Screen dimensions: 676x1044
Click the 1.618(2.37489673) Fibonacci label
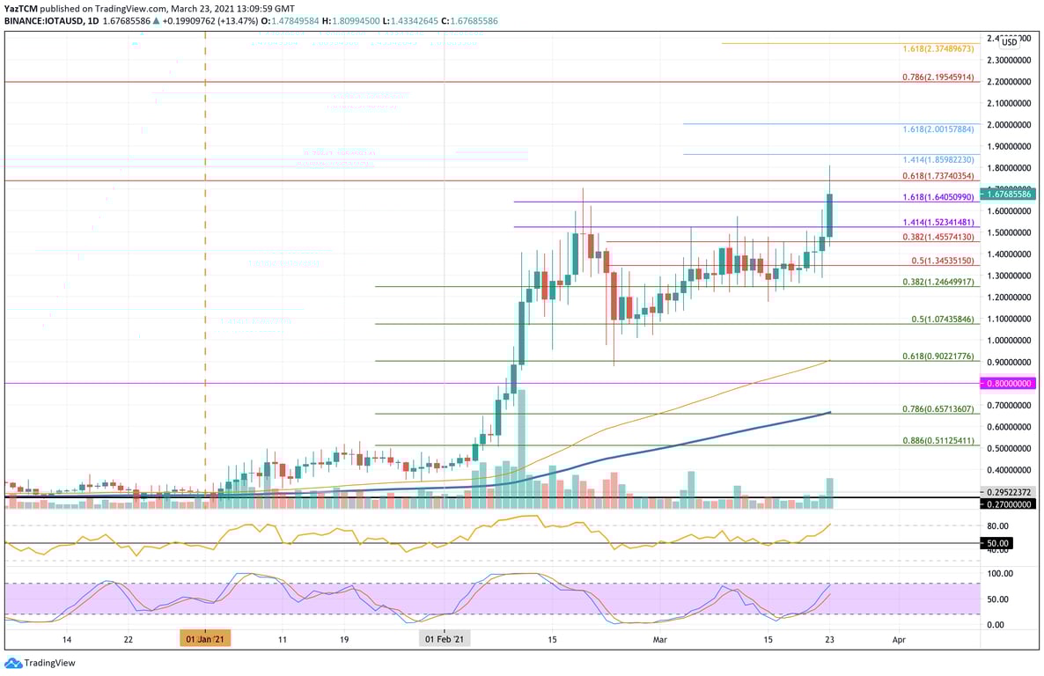pyautogui.click(x=938, y=48)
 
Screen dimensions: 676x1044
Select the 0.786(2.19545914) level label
pyautogui.click(x=938, y=77)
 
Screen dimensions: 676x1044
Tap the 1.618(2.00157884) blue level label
pyautogui.click(x=938, y=129)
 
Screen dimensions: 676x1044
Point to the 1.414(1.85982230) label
pyautogui.click(x=938, y=160)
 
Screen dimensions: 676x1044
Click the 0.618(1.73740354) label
pyautogui.click(x=938, y=177)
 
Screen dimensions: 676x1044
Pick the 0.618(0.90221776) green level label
pyautogui.click(x=938, y=356)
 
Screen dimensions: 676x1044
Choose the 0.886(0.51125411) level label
pyautogui.click(x=938, y=440)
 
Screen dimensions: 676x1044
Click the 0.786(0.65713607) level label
pyautogui.click(x=938, y=409)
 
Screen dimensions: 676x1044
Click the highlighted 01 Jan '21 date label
pyautogui.click(x=205, y=640)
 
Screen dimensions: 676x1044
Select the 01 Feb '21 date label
pyautogui.click(x=444, y=640)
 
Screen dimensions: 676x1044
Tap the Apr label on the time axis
pyautogui.click(x=899, y=640)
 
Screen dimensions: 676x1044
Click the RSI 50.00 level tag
pyautogui.click(x=999, y=544)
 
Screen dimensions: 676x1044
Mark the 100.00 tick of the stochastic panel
pyautogui.click(x=999, y=573)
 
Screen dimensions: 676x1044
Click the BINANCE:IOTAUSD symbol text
pyautogui.click(x=39, y=22)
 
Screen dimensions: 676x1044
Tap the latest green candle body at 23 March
pyautogui.click(x=829, y=215)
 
